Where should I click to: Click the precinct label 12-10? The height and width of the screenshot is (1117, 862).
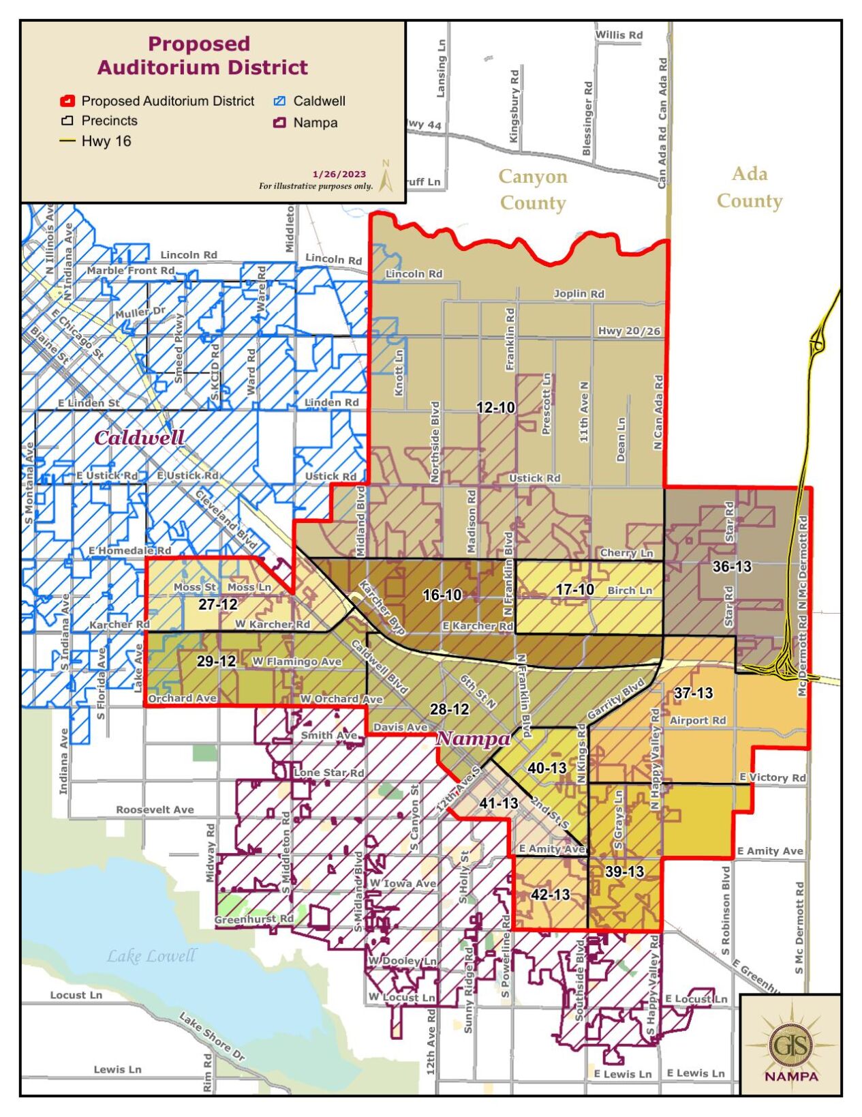tap(495, 408)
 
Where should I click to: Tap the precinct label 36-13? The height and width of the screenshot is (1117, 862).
tap(732, 567)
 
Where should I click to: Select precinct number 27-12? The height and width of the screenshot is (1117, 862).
tap(218, 604)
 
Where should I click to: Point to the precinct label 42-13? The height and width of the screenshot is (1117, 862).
tap(550, 894)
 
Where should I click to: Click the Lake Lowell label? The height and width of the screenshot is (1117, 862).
tap(151, 956)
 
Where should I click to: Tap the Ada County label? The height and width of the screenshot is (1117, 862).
tap(749, 188)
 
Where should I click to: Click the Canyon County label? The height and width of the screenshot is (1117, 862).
tap(532, 190)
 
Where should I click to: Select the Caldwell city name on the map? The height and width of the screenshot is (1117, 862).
tap(139, 438)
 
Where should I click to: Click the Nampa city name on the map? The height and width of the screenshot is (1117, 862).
tap(472, 739)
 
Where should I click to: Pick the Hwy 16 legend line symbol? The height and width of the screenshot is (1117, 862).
tap(67, 142)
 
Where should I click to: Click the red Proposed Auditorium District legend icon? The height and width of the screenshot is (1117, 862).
tap(67, 102)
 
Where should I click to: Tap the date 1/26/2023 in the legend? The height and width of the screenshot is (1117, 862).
tap(339, 175)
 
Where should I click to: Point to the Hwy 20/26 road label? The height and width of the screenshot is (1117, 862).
tap(629, 331)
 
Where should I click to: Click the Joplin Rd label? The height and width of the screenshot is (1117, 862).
tap(579, 294)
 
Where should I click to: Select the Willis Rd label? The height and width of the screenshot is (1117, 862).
tap(619, 35)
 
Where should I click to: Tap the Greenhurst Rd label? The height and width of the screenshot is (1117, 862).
tap(253, 919)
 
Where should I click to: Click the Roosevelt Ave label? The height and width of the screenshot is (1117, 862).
tap(155, 810)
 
